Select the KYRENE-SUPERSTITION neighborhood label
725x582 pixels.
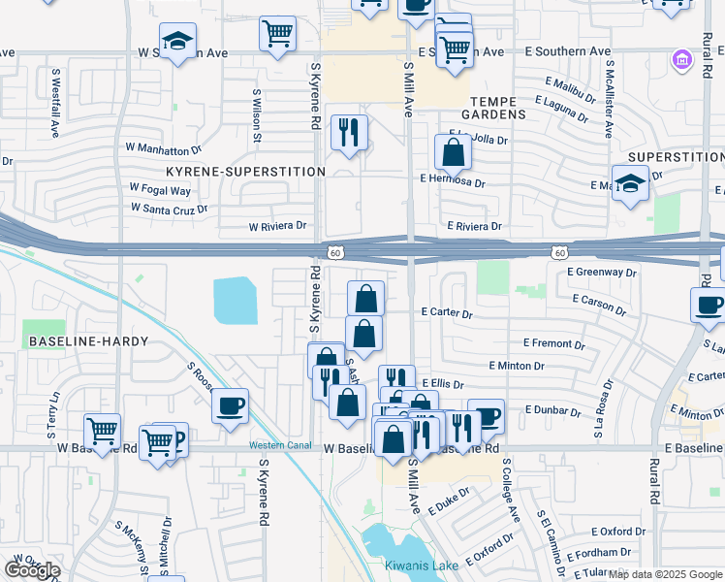tap(246, 172)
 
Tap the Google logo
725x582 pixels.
tap(33, 570)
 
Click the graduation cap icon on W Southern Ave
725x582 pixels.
tap(177, 42)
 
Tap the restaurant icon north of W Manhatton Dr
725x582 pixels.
tap(349, 129)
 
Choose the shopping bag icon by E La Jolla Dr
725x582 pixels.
tap(453, 150)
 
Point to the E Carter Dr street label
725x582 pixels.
tap(446, 314)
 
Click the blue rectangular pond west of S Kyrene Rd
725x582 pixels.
tap(235, 300)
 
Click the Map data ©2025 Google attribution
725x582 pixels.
tap(666, 574)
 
